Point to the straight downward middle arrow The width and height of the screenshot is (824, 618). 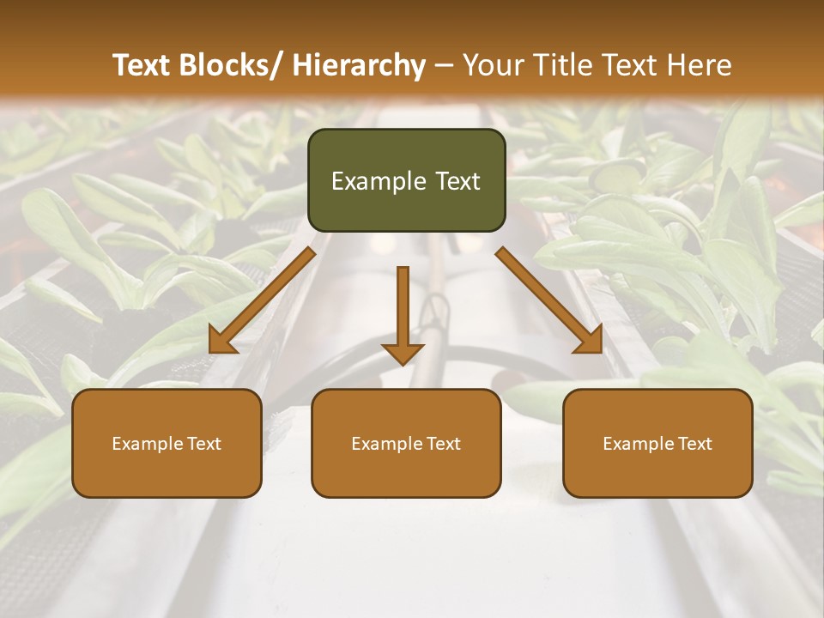point(403,313)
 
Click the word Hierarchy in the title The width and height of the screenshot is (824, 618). point(359,65)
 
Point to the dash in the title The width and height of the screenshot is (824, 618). point(443,65)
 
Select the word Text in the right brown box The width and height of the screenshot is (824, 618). point(694,444)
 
